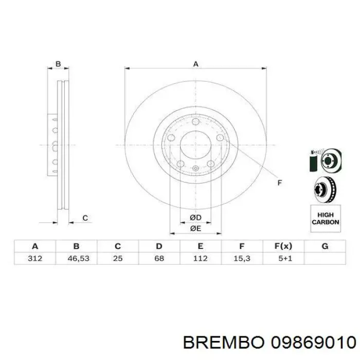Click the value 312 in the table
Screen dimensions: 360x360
[35, 258]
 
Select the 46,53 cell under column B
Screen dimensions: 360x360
[77, 258]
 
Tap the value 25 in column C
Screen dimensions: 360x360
[118, 258]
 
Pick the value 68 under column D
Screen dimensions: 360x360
[159, 258]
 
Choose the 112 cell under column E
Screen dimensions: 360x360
[201, 258]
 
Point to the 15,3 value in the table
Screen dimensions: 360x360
[242, 258]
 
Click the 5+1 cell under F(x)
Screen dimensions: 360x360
[283, 258]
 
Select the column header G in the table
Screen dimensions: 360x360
[325, 246]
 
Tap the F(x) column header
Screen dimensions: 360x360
[283, 246]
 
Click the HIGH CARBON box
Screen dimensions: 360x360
[325, 219]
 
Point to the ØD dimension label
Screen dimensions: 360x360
[195, 218]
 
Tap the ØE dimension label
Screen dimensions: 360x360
[195, 228]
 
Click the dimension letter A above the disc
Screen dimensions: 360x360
[195, 64]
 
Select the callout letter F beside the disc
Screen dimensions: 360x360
[280, 183]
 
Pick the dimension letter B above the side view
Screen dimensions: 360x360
[58, 64]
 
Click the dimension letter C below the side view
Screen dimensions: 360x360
[85, 219]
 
